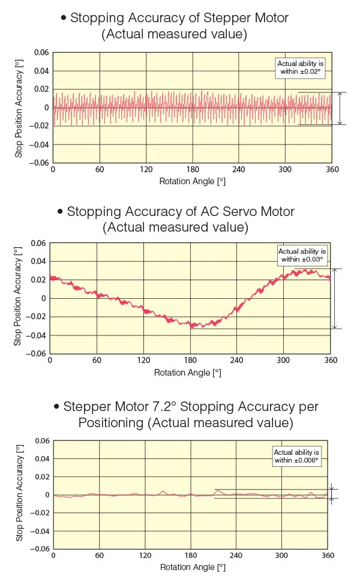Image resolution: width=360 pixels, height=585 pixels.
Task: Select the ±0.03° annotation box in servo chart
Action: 302,256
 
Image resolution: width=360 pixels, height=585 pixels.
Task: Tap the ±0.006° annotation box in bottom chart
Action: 296,456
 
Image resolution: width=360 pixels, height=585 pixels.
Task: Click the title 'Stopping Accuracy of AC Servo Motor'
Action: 181,212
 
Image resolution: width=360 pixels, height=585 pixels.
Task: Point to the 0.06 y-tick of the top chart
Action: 41,53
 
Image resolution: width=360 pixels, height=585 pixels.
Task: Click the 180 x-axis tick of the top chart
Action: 192,170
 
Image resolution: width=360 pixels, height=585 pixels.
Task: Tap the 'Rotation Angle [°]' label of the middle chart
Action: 188,373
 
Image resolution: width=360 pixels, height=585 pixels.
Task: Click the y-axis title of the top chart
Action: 19,108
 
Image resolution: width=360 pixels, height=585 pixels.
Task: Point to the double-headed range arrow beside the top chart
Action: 340,109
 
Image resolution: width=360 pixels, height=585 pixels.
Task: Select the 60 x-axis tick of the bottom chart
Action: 100,556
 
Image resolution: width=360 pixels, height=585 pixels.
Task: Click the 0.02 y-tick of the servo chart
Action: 38,280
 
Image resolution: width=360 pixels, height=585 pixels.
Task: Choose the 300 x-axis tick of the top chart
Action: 285,170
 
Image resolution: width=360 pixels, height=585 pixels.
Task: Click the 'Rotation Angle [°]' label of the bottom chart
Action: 192,567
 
